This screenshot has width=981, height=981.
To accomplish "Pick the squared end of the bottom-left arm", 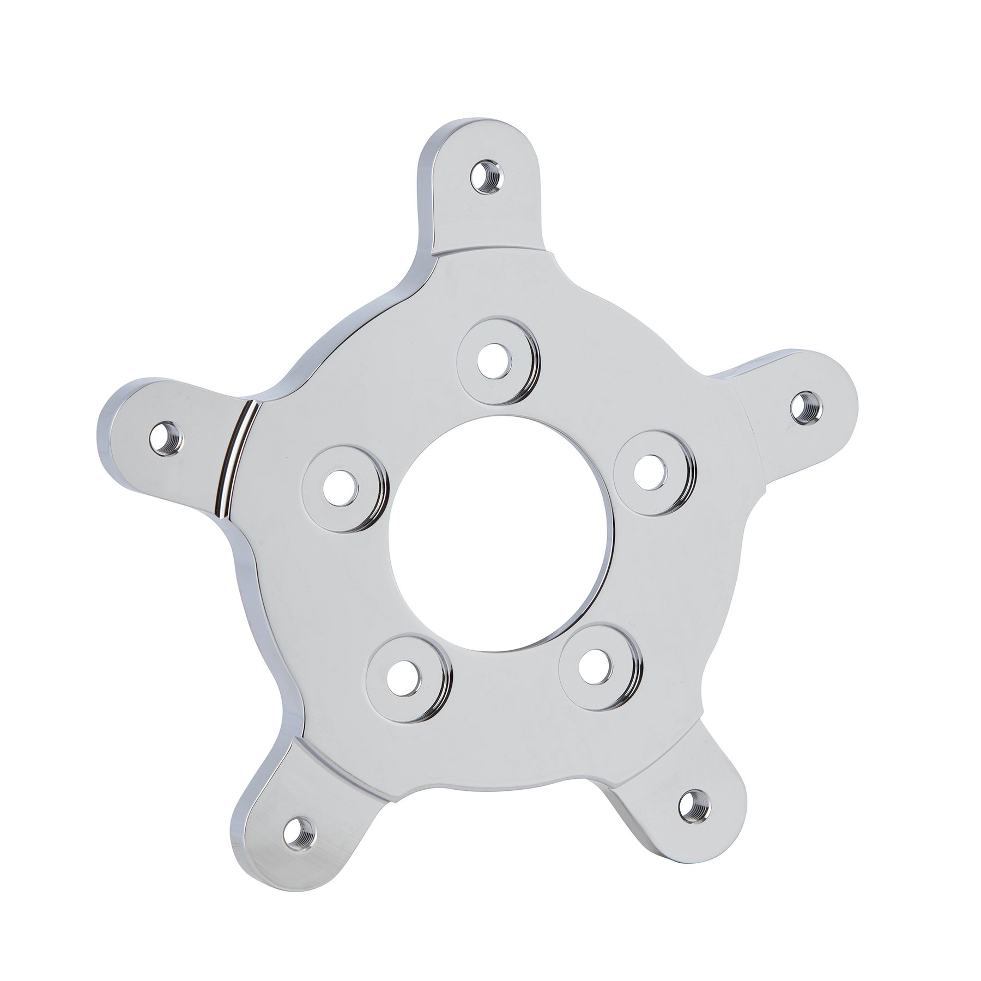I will click(256, 872).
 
